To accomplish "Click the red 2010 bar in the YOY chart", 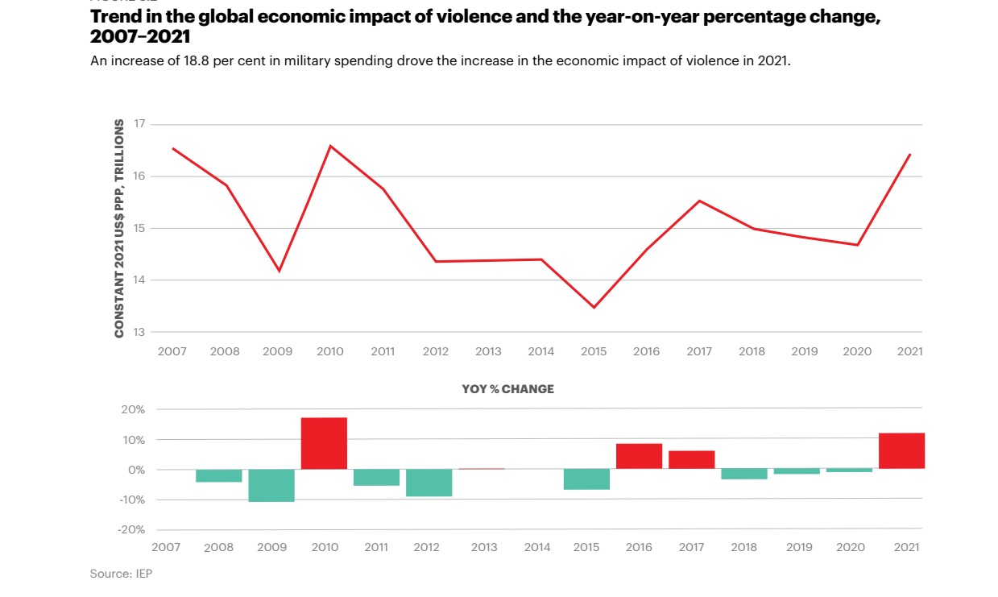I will [x=324, y=443].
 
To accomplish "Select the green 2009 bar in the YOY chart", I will [x=271, y=485].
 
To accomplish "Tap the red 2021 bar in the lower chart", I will [x=901, y=450].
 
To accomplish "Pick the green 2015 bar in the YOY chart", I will [x=586, y=479].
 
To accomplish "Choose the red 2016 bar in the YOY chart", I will [x=639, y=456].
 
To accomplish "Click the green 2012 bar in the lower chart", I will [x=429, y=483].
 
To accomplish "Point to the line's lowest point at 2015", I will [x=594, y=307].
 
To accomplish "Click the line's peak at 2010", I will [x=330, y=146].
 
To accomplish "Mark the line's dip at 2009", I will [x=279, y=271].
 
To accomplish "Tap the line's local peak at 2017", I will [x=699, y=201].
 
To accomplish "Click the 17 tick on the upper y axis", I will [x=139, y=124].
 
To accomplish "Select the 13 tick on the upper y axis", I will [x=139, y=332].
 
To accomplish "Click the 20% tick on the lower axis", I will [x=134, y=409].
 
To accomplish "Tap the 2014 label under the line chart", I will [x=540, y=351].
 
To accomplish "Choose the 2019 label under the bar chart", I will [x=799, y=547].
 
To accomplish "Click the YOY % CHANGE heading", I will [x=507, y=389].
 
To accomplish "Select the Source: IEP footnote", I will [x=121, y=574].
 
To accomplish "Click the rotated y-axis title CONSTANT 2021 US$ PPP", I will [x=119, y=228].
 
